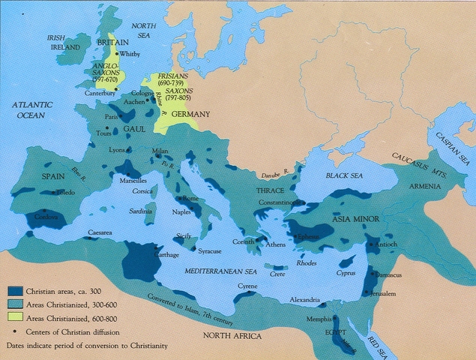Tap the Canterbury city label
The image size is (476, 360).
pos(100,94)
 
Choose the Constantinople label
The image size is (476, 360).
pos(278,202)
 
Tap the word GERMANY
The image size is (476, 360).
pos(191,113)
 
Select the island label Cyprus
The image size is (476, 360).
pos(346,272)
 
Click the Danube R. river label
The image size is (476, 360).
pos(274,174)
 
